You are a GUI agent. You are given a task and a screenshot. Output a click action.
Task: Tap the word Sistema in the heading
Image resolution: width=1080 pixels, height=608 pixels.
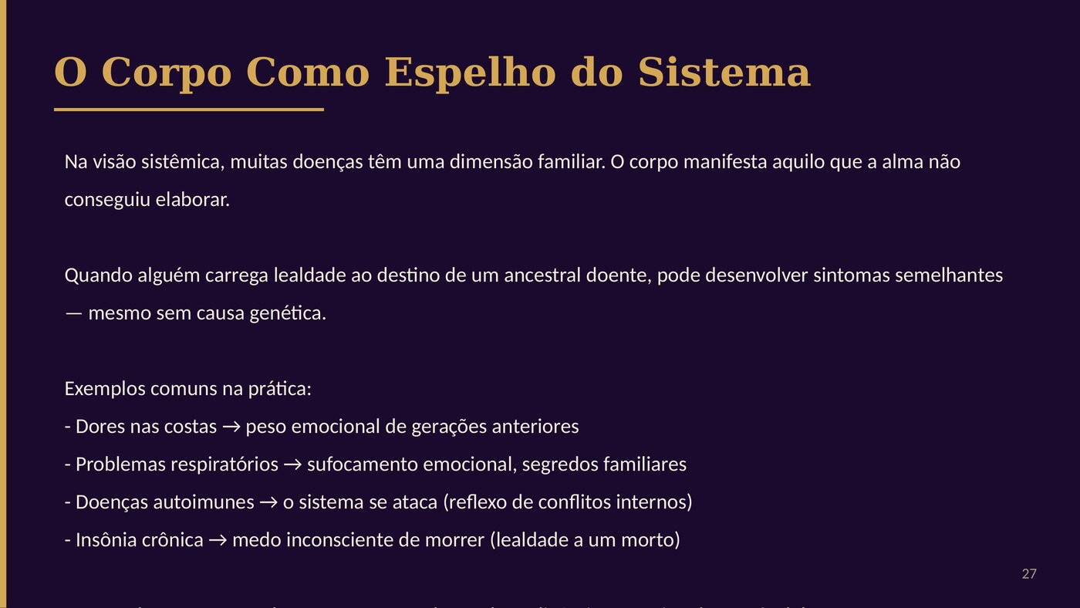click(x=724, y=73)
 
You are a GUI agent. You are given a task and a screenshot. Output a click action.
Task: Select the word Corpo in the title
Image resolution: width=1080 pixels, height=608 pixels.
click(x=166, y=73)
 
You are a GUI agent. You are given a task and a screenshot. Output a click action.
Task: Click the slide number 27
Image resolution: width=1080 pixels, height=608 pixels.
click(x=1029, y=574)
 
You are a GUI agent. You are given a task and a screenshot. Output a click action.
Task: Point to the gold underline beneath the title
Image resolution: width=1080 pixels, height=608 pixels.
click(x=189, y=110)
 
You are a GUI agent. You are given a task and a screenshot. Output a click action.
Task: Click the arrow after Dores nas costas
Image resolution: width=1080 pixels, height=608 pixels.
click(x=231, y=427)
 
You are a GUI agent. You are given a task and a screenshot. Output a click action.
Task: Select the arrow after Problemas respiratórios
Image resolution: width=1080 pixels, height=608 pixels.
click(x=292, y=464)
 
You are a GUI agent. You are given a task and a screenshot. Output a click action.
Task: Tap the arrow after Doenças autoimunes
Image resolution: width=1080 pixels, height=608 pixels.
click(x=268, y=502)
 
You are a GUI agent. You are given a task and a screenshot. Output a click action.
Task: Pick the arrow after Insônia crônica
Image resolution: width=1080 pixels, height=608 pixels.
click(x=218, y=540)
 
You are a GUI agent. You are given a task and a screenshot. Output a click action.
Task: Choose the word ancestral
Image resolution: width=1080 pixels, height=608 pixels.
click(x=540, y=275)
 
